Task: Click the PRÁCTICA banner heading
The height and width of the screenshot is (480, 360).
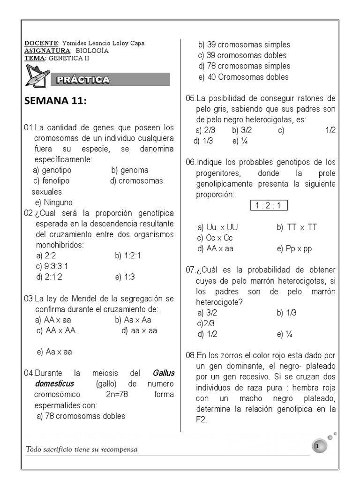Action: [x=83, y=80]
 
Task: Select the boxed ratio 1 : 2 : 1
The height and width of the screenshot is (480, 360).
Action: [x=270, y=206]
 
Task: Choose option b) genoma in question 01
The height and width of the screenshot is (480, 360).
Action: [x=130, y=170]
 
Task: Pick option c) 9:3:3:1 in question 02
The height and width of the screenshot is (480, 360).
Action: [x=52, y=266]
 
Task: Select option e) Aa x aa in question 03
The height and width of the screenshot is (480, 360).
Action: [x=54, y=352]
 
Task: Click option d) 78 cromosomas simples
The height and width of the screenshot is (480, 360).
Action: [x=244, y=66]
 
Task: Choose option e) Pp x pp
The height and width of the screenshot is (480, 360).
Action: [x=294, y=249]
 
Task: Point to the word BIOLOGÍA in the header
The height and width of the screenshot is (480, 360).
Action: [x=92, y=50]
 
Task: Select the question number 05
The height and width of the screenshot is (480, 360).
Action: [x=190, y=98]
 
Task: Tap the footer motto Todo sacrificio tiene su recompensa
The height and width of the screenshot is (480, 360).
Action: [x=82, y=450]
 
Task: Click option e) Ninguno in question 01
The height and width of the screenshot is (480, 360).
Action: [x=54, y=202]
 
